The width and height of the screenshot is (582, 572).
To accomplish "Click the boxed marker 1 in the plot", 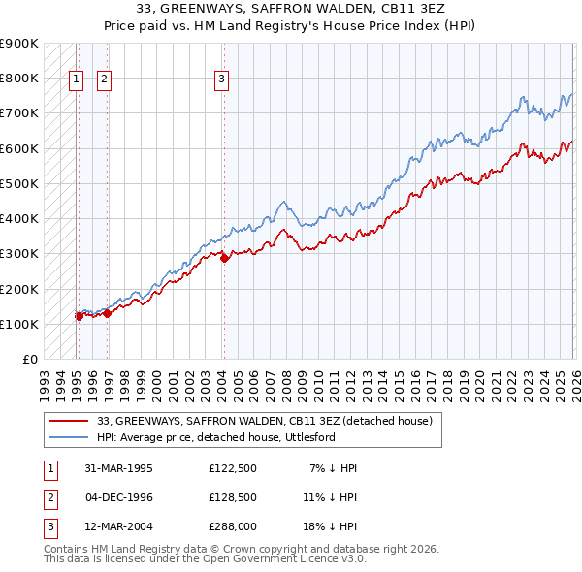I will [76, 80].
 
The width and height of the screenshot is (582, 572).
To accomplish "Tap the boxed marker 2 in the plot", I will [105, 80].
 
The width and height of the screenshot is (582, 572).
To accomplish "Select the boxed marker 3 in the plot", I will [222, 80].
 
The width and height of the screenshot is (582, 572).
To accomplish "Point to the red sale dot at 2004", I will [224, 258].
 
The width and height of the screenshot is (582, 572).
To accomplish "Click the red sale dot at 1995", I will [79, 315].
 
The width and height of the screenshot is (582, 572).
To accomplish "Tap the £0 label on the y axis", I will [29, 359].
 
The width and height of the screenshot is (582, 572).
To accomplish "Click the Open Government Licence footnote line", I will [206, 559].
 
